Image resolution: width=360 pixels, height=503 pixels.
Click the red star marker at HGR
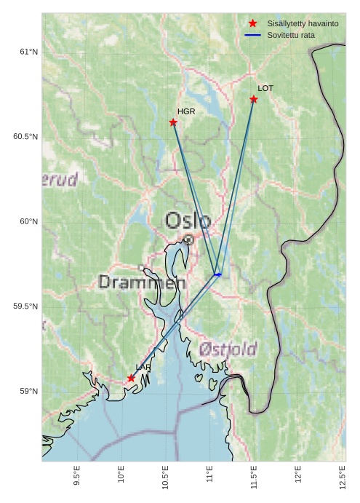[x=173, y=122]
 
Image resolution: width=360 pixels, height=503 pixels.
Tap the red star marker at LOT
[x=254, y=99]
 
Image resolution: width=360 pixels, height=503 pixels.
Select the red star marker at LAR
[x=132, y=378]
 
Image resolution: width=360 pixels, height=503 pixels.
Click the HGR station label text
[x=186, y=111]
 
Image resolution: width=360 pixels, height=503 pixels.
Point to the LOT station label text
[x=265, y=88]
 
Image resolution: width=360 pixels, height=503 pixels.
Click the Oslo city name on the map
[x=188, y=220]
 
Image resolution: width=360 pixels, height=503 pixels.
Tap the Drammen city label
[x=142, y=282]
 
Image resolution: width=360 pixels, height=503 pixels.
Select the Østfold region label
[x=228, y=349]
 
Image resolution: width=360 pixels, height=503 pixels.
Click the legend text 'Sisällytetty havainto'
[x=303, y=24]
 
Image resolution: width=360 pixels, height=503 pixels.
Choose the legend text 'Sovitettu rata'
[x=291, y=35]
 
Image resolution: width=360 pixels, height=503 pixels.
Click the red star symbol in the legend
[x=253, y=24]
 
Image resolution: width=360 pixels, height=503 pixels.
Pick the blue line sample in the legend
[x=253, y=35]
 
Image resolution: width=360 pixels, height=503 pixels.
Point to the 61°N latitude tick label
[x=28, y=52]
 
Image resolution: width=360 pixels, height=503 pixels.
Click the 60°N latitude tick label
[x=28, y=221]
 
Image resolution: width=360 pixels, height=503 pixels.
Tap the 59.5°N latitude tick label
[x=25, y=306]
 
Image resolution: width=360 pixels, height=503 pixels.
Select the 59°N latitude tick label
[x=28, y=392]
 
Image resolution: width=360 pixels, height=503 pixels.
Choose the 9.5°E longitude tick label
[x=77, y=476]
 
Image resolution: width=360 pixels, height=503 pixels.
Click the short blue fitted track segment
[x=217, y=274]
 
